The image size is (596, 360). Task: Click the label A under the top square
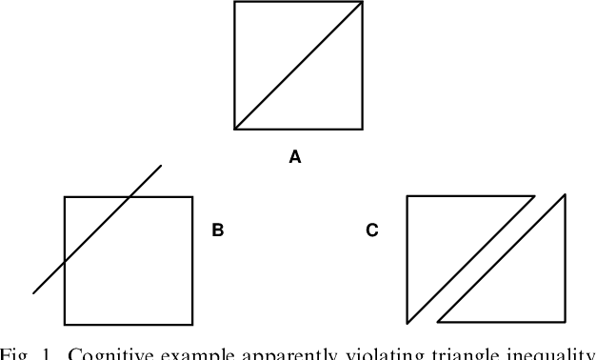pyautogui.click(x=295, y=158)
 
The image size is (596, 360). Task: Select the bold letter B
pyautogui.click(x=217, y=230)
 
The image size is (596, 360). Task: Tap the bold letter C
pyautogui.click(x=372, y=230)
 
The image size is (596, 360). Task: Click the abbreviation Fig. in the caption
pyautogui.click(x=15, y=354)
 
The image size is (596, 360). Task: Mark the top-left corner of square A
pyautogui.click(x=235, y=2)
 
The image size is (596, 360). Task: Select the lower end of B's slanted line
pyautogui.click(x=33, y=293)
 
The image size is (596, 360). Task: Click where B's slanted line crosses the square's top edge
pyautogui.click(x=129, y=197)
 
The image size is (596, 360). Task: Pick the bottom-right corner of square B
pyautogui.click(x=192, y=325)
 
